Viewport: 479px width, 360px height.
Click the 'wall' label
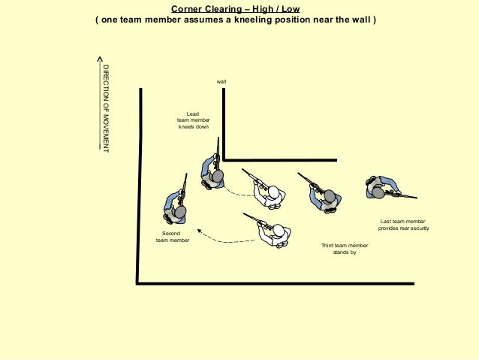221,80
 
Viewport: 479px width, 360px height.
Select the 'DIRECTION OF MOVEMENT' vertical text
106,110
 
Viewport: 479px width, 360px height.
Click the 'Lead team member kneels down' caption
193,120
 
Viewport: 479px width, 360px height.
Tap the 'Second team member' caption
172,237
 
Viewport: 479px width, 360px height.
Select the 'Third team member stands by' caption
345,249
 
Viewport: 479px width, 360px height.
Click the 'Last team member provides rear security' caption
403,225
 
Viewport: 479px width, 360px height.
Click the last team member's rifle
404,195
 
